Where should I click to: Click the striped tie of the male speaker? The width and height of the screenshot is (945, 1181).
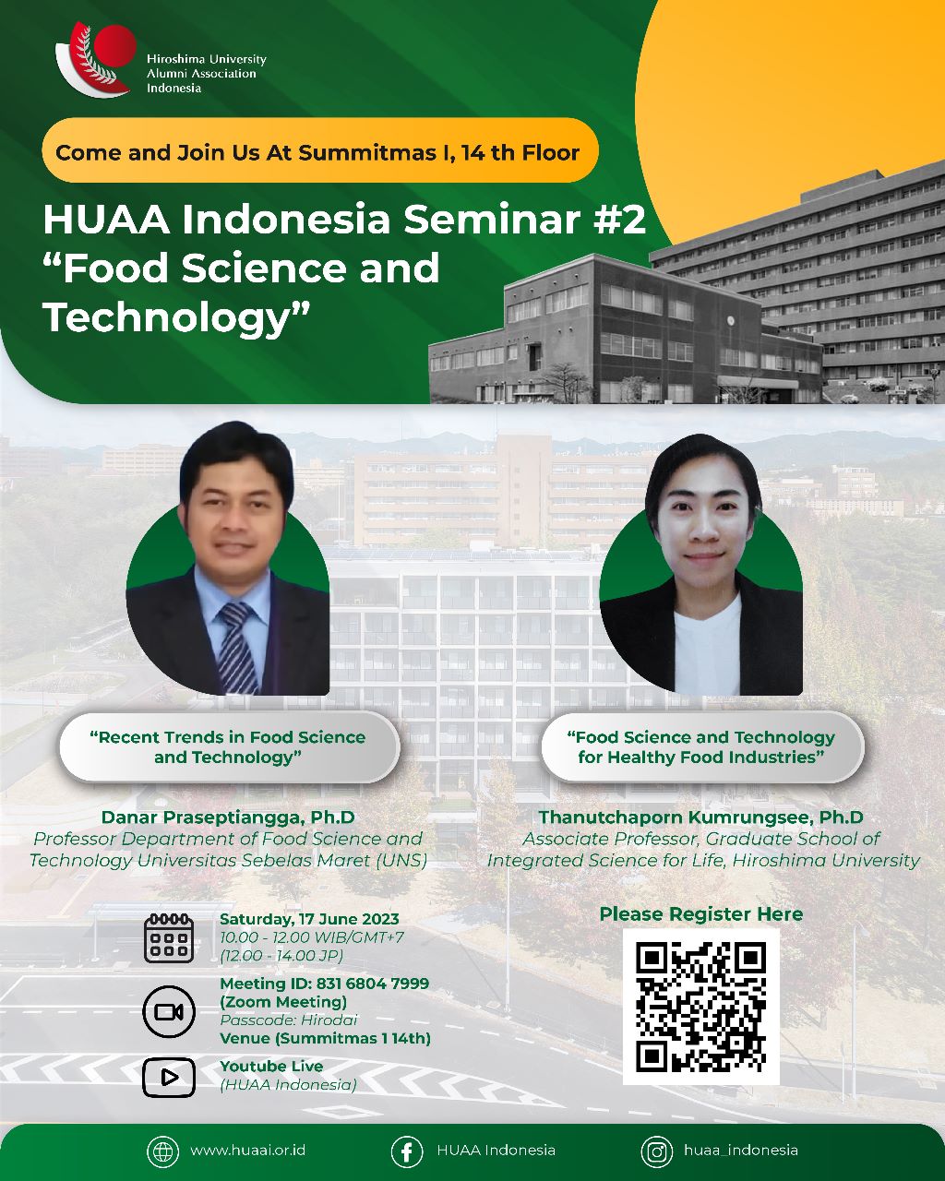pos(238,647)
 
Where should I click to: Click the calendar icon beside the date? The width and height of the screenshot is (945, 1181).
pos(169,938)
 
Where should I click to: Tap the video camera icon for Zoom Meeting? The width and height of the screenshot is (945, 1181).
pos(169,1011)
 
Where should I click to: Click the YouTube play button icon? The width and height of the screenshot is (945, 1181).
pos(169,1078)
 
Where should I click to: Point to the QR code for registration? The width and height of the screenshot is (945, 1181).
pos(700,1007)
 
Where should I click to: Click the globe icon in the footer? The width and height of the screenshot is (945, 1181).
pos(163,1151)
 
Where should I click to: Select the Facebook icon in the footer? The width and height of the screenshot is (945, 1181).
pos(407,1151)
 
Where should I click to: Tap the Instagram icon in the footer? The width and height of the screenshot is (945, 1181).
pos(657,1151)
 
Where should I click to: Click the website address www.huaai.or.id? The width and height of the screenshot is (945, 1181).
pos(247,1151)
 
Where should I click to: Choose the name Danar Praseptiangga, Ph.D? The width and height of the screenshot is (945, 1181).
pos(228,817)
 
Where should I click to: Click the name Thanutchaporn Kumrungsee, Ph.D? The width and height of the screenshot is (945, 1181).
pos(700,817)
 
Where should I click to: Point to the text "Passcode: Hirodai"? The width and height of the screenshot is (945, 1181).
pos(288,1020)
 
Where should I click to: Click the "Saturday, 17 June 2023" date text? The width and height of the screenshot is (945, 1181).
pos(309,919)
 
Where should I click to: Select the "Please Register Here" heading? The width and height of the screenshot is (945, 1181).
pos(700,913)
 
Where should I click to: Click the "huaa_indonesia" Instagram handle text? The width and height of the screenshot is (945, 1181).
pos(741,1151)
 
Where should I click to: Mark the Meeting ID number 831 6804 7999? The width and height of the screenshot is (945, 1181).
pos(373,983)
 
